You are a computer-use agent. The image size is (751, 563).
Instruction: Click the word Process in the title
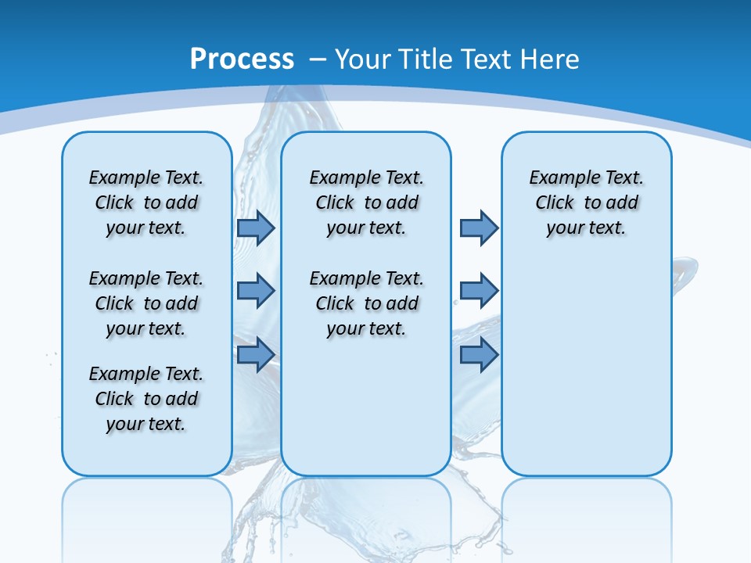tap(242, 59)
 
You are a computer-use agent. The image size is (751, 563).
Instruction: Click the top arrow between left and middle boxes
tap(255, 228)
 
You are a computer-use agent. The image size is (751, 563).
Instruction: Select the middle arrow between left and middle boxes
tap(255, 291)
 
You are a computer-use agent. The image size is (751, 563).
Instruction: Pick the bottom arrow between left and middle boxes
tap(255, 355)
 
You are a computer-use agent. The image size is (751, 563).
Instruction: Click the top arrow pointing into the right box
tap(479, 228)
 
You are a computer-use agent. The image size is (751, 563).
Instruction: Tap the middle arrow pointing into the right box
tap(479, 291)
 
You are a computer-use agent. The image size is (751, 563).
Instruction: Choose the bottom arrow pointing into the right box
tap(479, 355)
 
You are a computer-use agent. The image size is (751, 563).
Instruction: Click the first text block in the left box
tap(146, 203)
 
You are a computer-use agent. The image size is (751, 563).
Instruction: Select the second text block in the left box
tap(146, 303)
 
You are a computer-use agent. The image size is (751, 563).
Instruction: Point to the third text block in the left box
tap(146, 399)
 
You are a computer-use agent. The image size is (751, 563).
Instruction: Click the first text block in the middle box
tap(366, 203)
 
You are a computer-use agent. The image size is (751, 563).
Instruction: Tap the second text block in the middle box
tap(366, 303)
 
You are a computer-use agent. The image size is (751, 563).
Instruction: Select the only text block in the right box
tap(586, 203)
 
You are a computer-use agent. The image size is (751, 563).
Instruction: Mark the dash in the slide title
tap(318, 59)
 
